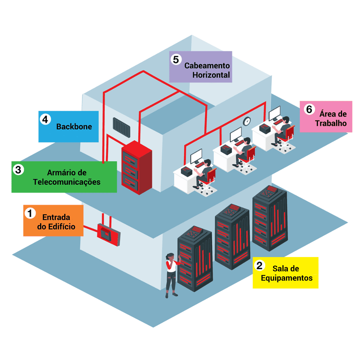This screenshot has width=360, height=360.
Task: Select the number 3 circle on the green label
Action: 18,169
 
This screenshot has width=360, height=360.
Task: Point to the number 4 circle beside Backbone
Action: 45,119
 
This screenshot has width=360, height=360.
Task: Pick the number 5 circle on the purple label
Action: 176,59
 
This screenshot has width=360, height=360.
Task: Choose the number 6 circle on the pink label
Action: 309,109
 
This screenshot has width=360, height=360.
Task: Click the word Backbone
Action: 74,127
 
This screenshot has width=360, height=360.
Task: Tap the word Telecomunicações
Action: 67,182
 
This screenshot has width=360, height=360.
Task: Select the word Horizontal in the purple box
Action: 211,74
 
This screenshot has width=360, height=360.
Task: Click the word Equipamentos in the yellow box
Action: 287,278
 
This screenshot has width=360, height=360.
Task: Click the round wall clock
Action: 247,121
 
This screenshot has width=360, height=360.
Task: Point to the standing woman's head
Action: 169,257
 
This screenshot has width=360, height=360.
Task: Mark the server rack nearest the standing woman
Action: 194,257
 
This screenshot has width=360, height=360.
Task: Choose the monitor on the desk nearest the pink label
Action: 274,113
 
